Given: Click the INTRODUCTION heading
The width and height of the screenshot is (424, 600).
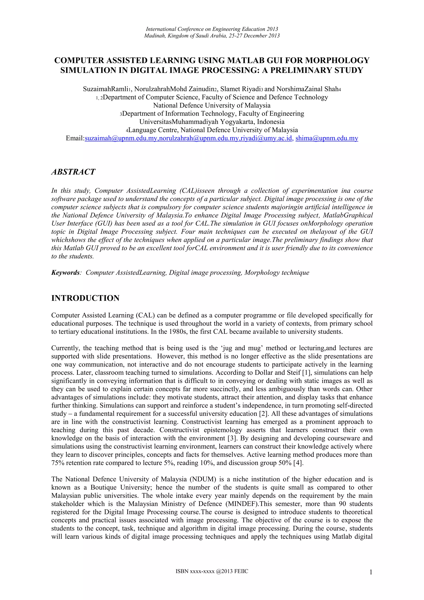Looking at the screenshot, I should (85, 298).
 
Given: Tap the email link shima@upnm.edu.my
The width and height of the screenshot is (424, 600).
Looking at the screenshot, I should (327, 138).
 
